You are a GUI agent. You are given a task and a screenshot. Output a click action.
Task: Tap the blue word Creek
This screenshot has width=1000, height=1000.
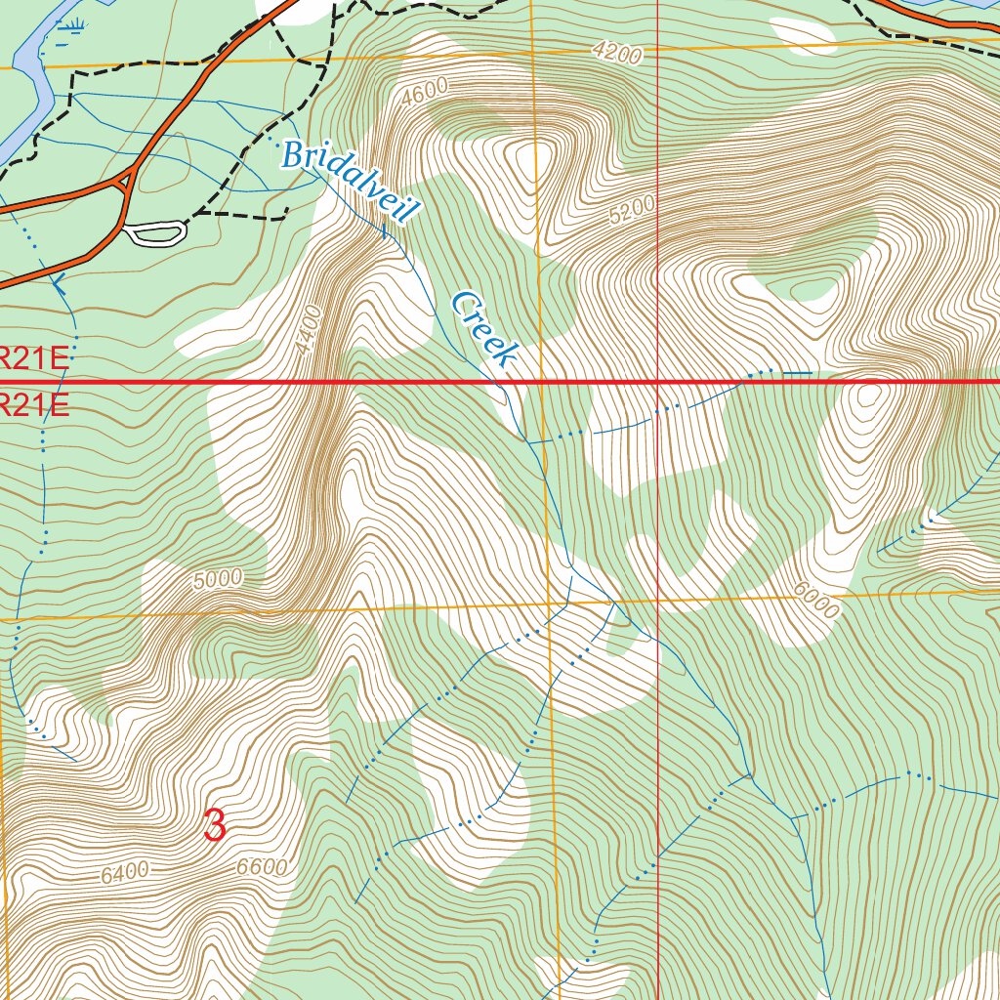coord(482,329)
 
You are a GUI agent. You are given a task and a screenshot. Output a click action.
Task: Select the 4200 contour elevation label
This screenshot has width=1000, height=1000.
coord(616,54)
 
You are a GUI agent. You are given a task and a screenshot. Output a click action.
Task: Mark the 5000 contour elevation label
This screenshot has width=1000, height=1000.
coord(217,579)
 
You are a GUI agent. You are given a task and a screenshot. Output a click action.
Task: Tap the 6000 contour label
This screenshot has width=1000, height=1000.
coord(816,600)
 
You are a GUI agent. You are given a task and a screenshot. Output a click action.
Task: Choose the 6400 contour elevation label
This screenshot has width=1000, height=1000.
coord(124,872)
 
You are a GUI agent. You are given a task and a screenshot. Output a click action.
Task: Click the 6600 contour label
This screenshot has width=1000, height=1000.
coord(262,867)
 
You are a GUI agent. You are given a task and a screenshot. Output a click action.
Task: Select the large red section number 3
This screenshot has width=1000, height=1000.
coord(215,826)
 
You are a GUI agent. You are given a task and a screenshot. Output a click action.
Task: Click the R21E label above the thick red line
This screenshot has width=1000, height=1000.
coord(34,358)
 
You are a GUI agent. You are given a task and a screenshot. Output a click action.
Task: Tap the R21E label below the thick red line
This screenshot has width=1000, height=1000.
coord(34,404)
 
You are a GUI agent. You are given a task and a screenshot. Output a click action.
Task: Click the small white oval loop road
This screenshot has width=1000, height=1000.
coord(156,232)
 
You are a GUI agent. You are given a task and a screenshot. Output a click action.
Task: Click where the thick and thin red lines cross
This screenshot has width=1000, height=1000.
coord(657,382)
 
